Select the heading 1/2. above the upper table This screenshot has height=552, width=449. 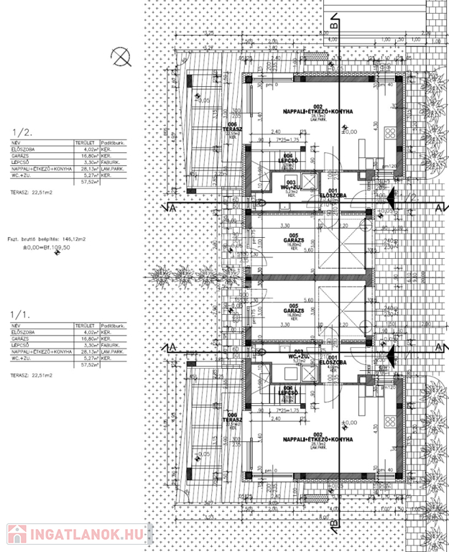[24, 132]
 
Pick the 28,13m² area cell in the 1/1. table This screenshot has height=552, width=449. [88, 352]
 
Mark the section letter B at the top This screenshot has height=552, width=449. [333, 24]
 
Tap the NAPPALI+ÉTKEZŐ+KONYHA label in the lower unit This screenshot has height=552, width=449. [300, 438]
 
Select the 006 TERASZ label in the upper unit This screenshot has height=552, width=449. [232, 129]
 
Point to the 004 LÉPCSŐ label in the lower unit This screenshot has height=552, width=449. [288, 392]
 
